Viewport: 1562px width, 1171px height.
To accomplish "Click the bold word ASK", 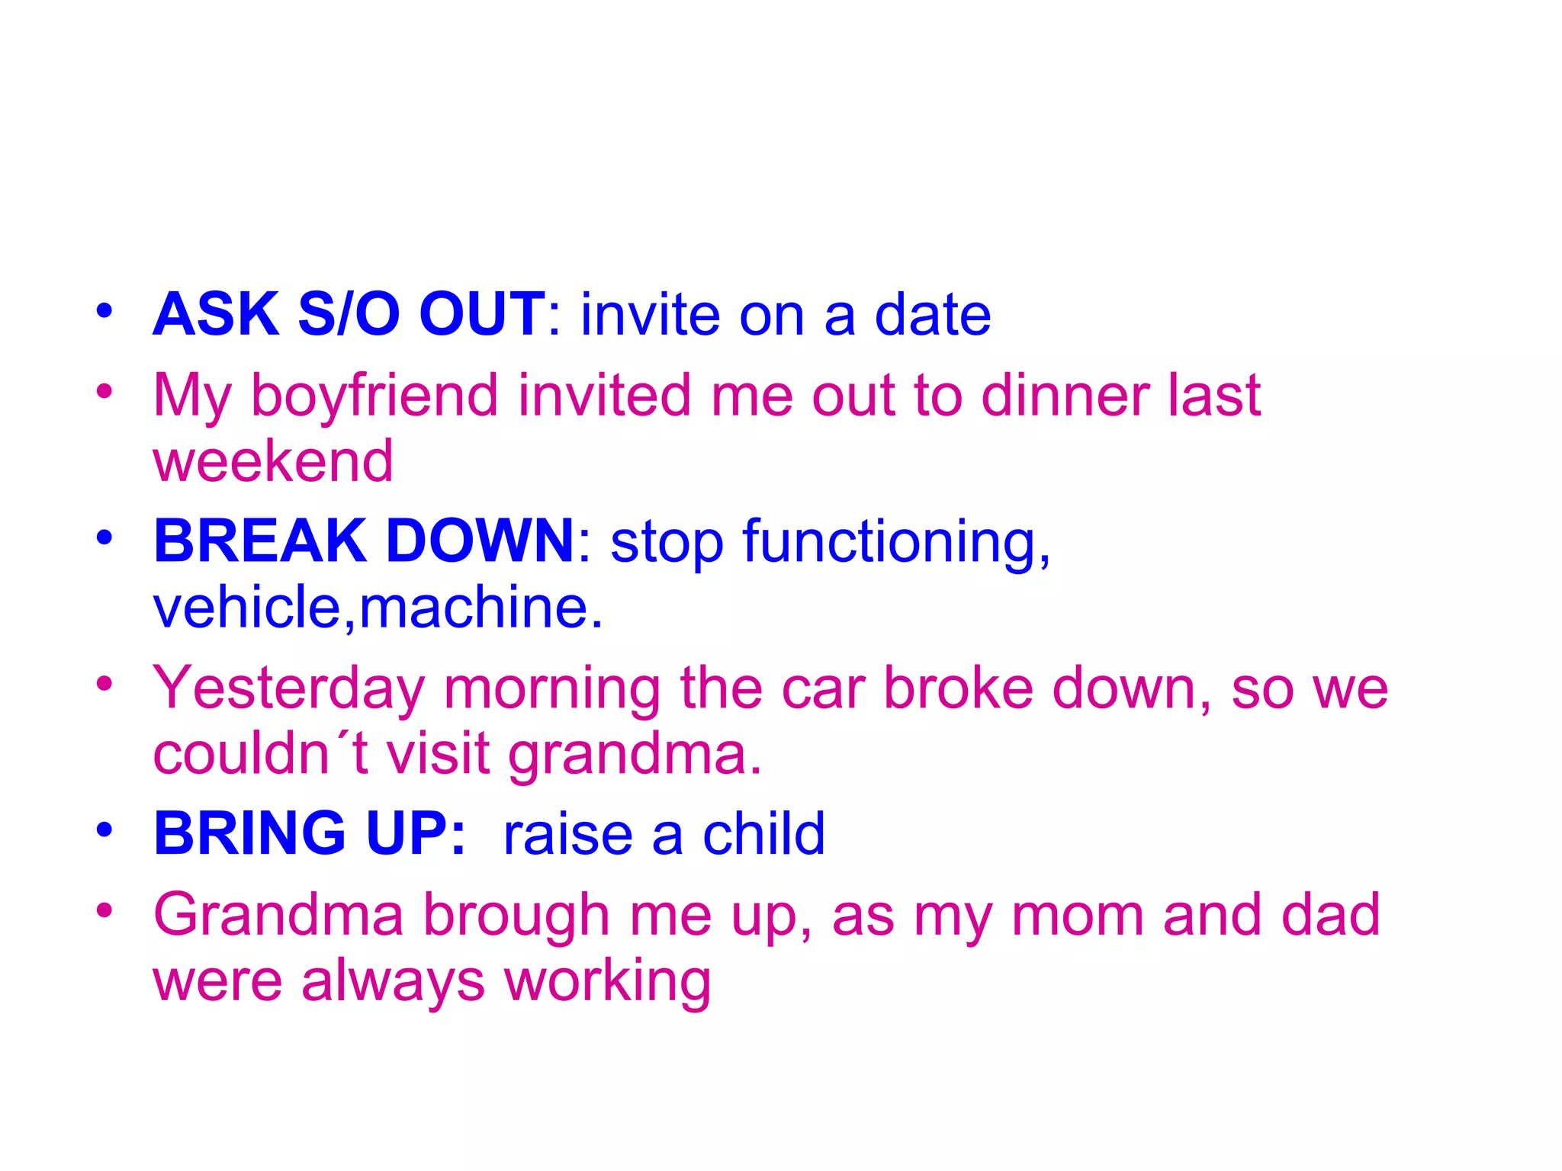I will pyautogui.click(x=216, y=314).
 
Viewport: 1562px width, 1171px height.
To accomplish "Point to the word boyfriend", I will pyautogui.click(x=374, y=396).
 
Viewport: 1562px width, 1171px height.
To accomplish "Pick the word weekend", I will pyautogui.click(x=273, y=461).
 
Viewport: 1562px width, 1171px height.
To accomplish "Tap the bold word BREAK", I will pyautogui.click(x=260, y=541).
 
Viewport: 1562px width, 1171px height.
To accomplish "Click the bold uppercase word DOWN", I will pyautogui.click(x=480, y=541).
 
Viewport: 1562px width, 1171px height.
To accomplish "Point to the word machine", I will pyautogui.click(x=480, y=608).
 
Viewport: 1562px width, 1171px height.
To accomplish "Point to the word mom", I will pyautogui.click(x=1076, y=915).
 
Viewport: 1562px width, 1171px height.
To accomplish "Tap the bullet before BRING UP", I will pyautogui.click(x=104, y=829).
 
